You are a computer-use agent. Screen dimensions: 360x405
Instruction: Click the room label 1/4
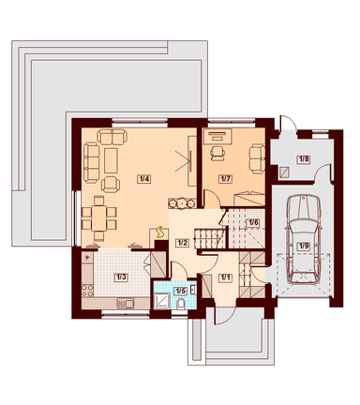pos(143,179)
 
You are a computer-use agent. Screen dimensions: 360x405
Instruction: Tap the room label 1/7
pos(226,179)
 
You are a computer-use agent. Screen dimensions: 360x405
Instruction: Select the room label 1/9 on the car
pos(304,246)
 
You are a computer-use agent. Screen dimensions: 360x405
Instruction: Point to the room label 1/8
pos(304,159)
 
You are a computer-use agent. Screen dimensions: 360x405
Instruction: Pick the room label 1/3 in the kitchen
pos(121,277)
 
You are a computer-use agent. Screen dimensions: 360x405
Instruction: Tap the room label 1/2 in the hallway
pos(182,242)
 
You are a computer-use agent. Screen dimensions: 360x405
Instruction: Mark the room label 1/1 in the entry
pos(226,277)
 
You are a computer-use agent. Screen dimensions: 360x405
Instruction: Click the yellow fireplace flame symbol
pos(160,232)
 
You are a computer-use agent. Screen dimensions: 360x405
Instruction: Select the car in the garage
pos(304,239)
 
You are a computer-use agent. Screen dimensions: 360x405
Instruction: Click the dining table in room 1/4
pos(98,217)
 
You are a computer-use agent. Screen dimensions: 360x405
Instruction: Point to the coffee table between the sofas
pos(111,160)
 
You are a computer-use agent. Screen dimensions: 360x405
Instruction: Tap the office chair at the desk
pos(217,154)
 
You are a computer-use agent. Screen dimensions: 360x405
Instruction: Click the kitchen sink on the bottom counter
pos(126,303)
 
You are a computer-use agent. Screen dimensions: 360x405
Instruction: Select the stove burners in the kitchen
pos(87,291)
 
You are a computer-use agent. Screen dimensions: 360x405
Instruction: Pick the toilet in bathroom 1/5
pos(181,304)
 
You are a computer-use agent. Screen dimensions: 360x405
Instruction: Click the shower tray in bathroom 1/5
pos(162,301)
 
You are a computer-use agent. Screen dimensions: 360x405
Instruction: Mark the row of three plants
pos(181,203)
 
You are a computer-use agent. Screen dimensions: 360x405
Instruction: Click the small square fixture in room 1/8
pos(285,172)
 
